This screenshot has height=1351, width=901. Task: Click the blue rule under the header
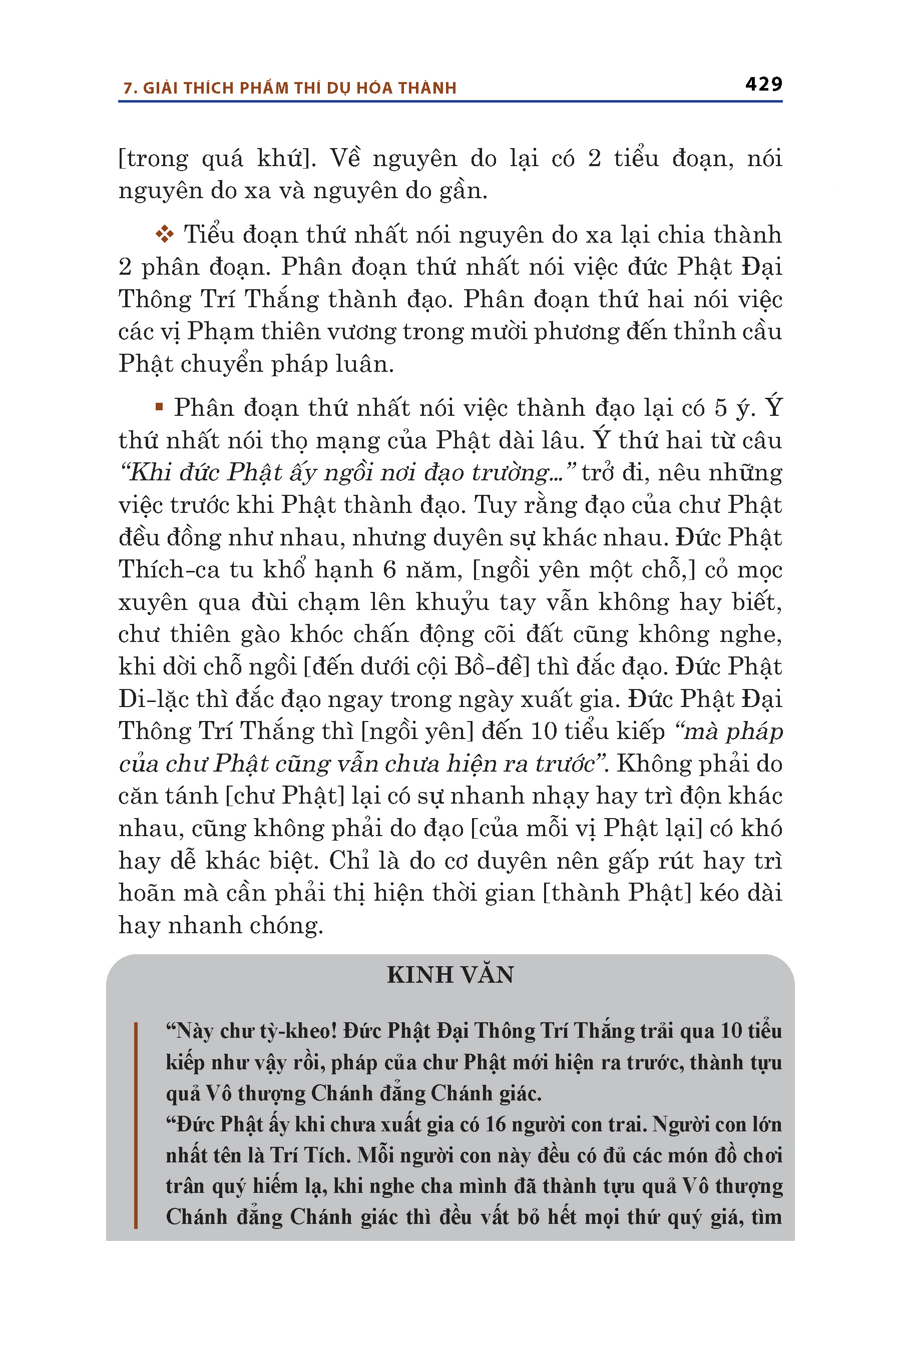[450, 102]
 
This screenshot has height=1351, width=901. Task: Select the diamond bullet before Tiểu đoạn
[164, 234]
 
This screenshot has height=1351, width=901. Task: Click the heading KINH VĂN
[450, 975]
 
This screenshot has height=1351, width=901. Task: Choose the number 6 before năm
[389, 570]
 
